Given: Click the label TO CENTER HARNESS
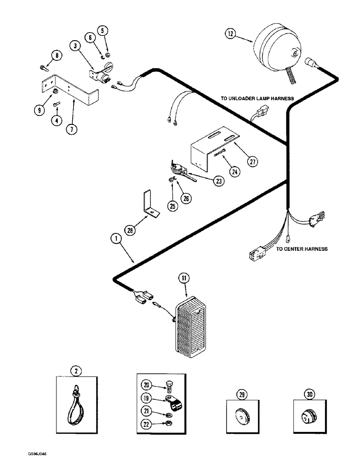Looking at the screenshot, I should (302, 249).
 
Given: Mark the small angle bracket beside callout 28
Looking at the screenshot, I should (149, 204).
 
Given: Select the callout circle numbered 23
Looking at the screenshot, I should (218, 181).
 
